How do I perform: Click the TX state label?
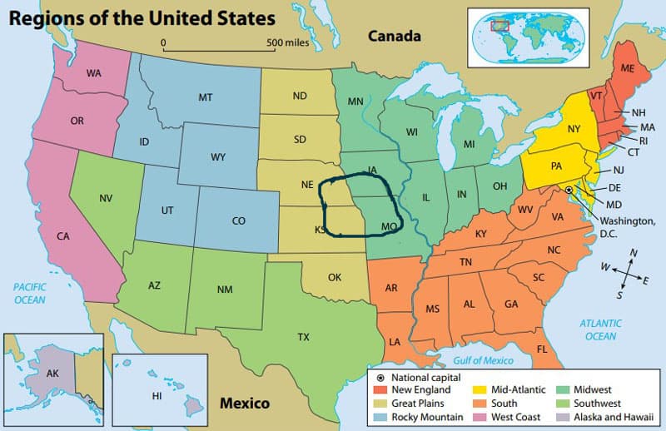(303, 338)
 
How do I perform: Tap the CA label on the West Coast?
(62, 236)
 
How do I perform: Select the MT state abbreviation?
(206, 97)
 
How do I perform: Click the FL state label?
(542, 349)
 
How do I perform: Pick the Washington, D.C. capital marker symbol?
(569, 191)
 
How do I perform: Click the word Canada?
(395, 36)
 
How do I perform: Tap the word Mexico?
(244, 404)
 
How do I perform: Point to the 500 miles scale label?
(287, 42)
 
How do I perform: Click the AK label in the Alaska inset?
(52, 374)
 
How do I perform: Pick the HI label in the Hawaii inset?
(156, 395)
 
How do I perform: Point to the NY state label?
(574, 129)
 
